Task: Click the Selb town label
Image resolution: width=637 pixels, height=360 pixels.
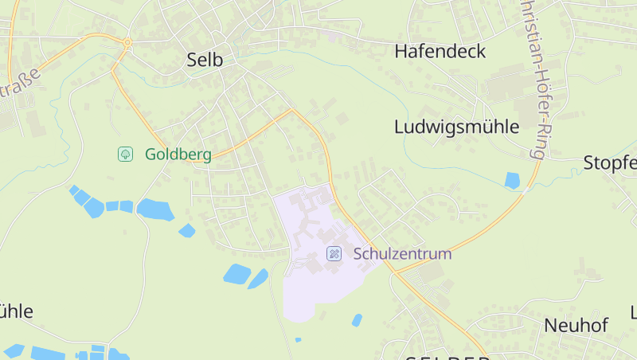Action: (x=204, y=60)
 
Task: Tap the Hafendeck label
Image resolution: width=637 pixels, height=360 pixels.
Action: (x=440, y=52)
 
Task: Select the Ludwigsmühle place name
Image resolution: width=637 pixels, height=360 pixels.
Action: (x=456, y=127)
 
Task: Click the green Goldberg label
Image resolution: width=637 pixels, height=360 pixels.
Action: (x=178, y=155)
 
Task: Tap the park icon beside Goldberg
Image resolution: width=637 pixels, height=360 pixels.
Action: (x=125, y=154)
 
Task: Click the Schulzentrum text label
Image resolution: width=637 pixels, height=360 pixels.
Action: (x=402, y=254)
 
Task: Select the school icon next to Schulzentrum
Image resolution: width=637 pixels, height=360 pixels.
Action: (x=335, y=254)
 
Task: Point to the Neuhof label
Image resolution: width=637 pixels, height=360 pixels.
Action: (x=576, y=325)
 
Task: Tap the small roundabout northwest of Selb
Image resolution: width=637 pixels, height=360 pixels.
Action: (x=127, y=42)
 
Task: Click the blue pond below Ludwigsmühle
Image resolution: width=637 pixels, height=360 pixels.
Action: (x=512, y=181)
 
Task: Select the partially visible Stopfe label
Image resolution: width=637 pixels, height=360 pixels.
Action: (x=610, y=163)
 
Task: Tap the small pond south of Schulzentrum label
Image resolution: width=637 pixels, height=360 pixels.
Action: (x=357, y=319)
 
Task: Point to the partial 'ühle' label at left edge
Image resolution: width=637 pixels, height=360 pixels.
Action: (x=16, y=311)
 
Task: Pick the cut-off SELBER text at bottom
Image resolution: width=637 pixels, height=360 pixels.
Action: (x=446, y=356)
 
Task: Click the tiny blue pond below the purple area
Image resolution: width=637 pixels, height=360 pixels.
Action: (x=298, y=340)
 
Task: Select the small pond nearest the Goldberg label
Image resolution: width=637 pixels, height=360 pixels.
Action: (x=154, y=209)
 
